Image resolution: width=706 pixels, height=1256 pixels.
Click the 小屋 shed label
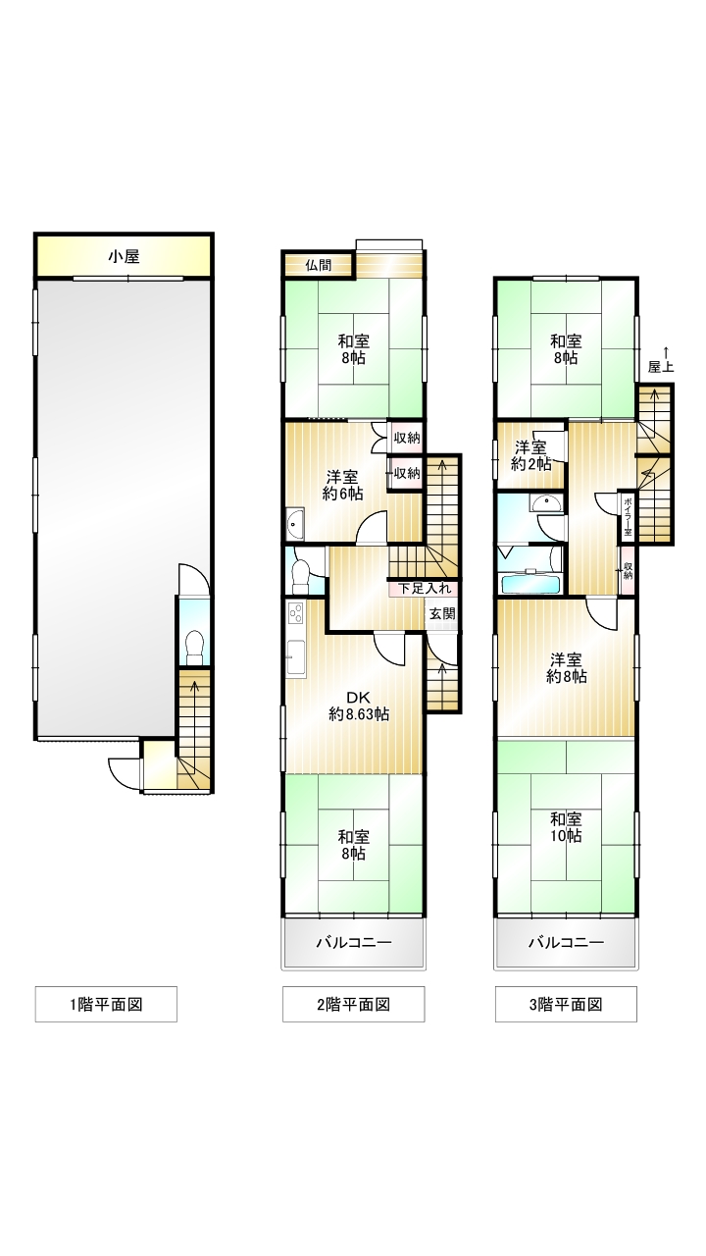pos(124,257)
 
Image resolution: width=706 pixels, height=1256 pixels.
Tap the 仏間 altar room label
pos(319,265)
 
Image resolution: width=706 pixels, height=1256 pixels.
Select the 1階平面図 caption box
pos(106,1004)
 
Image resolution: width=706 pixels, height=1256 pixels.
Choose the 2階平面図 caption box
pos(353,1004)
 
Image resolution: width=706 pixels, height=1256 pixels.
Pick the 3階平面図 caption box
pos(566,1004)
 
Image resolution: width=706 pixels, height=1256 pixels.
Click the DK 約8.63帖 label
pos(359,706)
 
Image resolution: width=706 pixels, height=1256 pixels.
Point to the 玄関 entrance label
pos(442,613)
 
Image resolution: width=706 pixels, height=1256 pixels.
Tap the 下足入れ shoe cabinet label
pos(425,588)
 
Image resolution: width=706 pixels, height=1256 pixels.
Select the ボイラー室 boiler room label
pos(628,516)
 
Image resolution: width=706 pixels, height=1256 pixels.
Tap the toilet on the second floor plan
pos(300,573)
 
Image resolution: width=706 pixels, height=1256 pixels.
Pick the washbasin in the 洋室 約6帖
pos(295,524)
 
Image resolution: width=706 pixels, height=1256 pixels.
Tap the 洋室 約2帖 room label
pos(531,456)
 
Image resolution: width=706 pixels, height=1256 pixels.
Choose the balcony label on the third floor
pos(566,942)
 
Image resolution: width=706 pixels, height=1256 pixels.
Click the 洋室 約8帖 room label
pos(566,668)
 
